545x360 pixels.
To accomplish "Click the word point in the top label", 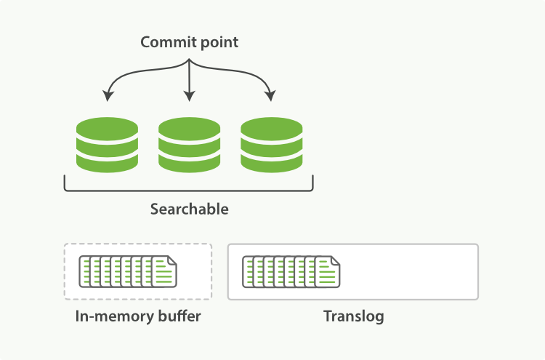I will (220, 42).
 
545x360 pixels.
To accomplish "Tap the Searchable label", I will (189, 209).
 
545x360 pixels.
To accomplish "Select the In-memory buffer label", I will (137, 316).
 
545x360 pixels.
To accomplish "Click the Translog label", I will (353, 316).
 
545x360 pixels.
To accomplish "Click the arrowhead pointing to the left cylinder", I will (108, 95).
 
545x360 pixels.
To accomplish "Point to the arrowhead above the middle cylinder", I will (189, 96).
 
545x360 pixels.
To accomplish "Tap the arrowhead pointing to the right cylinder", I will (270, 95).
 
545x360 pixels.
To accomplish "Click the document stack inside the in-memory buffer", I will (127, 271).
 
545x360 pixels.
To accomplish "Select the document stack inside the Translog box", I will (291, 271).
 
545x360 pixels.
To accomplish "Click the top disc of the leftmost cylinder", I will (107, 125).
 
